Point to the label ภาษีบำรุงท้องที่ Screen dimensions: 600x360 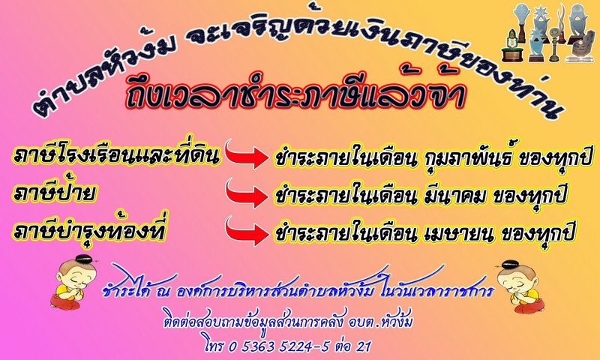click(89, 229)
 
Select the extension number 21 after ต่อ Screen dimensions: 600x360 click(363, 346)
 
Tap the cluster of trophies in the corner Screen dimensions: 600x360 click(550, 33)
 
